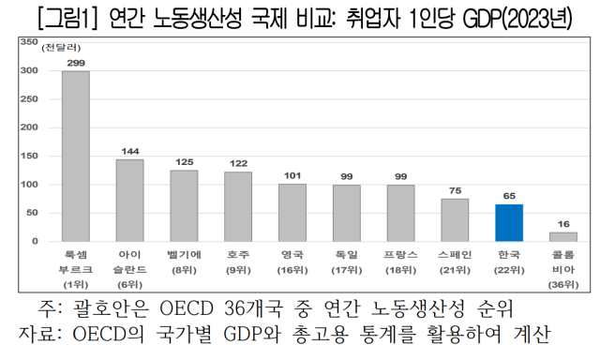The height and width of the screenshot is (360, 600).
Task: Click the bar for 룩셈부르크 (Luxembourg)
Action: tap(75, 156)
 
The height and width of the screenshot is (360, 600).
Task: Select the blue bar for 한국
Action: tap(509, 222)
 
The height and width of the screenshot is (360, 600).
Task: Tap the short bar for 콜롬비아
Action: tap(563, 236)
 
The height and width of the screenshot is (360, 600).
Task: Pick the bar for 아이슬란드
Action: tap(129, 200)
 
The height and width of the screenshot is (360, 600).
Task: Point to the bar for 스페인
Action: tap(455, 219)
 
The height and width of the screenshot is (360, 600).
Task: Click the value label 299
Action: tap(75, 63)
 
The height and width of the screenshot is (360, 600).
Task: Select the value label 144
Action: tap(129, 151)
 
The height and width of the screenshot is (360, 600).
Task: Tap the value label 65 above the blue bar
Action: tap(509, 196)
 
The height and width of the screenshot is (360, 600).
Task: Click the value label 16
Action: tap(563, 224)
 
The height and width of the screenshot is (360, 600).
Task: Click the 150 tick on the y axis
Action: tap(28, 156)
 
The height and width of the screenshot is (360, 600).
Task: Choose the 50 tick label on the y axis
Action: tap(32, 213)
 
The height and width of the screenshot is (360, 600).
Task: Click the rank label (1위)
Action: tap(75, 284)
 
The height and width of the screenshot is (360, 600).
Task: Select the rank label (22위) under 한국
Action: tap(509, 269)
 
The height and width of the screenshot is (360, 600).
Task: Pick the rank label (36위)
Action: tap(563, 284)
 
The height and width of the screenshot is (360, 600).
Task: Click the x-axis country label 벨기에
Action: tap(184, 254)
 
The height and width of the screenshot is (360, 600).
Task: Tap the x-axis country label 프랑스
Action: tap(400, 254)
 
